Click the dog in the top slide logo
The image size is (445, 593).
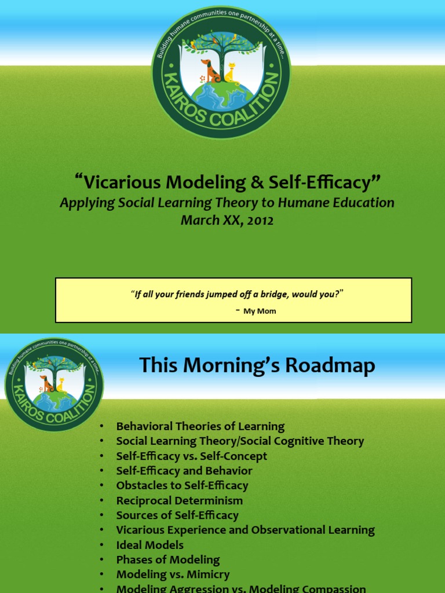(x=211, y=71)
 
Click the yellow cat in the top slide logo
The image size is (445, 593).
(x=231, y=74)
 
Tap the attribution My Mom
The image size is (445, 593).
(x=260, y=311)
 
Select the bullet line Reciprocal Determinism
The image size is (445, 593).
(x=179, y=500)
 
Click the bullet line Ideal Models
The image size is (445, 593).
(x=149, y=545)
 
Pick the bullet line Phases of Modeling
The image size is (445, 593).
(x=167, y=560)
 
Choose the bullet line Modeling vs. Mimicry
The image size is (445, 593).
(x=173, y=574)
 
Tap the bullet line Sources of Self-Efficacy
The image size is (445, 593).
(x=177, y=515)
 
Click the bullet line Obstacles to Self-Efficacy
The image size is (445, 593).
(x=182, y=485)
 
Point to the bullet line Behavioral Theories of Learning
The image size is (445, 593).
(x=200, y=426)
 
